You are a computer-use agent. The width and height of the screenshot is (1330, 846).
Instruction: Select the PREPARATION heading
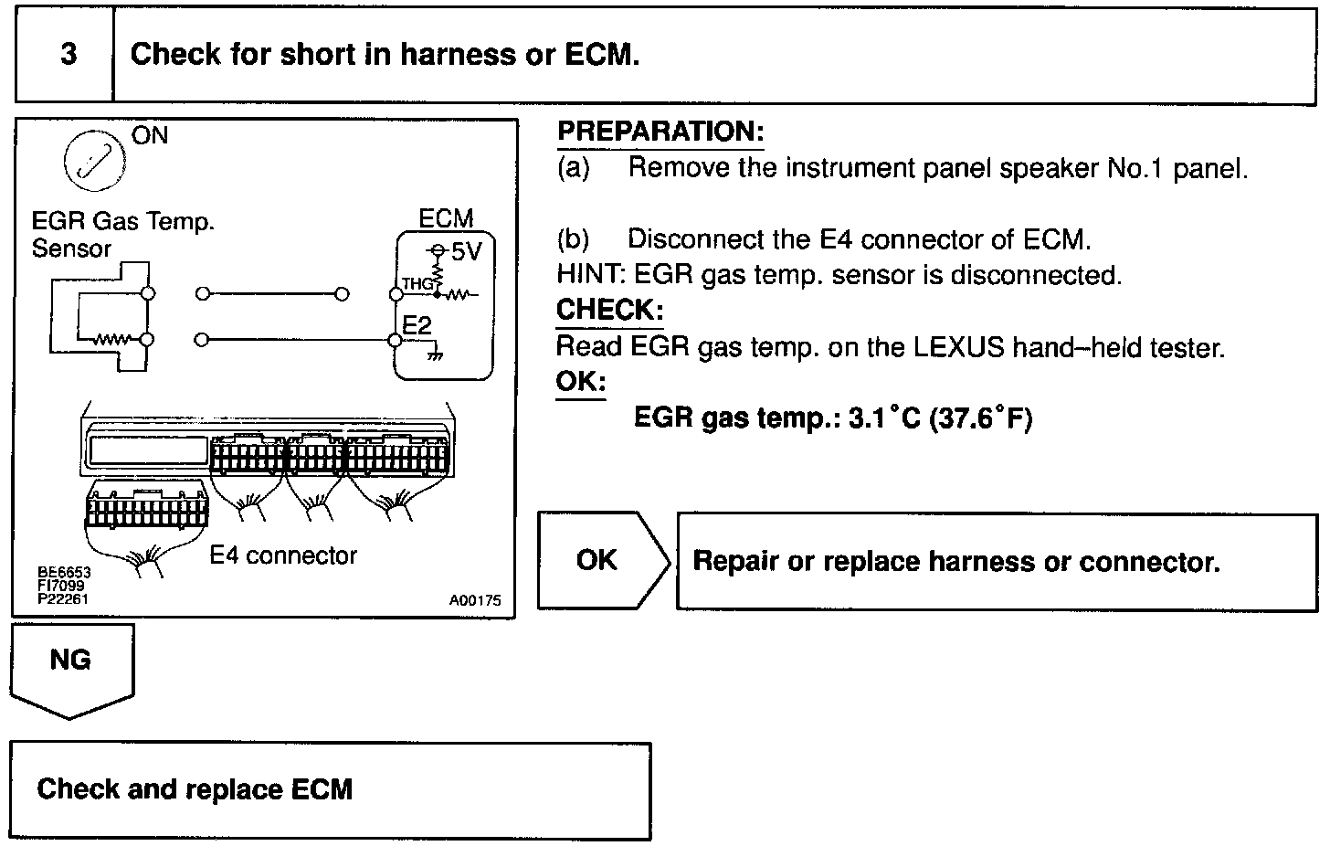pyautogui.click(x=660, y=132)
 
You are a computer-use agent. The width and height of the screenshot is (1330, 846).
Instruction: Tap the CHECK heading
pyautogui.click(x=609, y=310)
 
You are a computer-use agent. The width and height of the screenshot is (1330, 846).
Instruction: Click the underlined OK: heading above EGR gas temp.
pyautogui.click(x=581, y=381)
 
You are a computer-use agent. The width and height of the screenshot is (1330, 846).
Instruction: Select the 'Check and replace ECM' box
pyautogui.click(x=330, y=789)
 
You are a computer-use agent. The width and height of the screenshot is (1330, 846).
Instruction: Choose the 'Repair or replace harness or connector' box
pyautogui.click(x=996, y=561)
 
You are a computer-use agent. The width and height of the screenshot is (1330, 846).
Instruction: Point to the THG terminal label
pyautogui.click(x=416, y=284)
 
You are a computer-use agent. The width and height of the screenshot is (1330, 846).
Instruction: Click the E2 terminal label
pyautogui.click(x=417, y=325)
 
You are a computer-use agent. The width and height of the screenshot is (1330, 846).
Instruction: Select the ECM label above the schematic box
pyautogui.click(x=446, y=219)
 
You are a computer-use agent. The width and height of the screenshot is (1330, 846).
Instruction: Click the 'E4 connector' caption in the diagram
pyautogui.click(x=283, y=555)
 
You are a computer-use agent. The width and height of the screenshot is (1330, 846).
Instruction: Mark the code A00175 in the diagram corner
pyautogui.click(x=475, y=601)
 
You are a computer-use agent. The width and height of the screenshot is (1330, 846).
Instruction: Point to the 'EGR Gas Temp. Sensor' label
pyautogui.click(x=121, y=235)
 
